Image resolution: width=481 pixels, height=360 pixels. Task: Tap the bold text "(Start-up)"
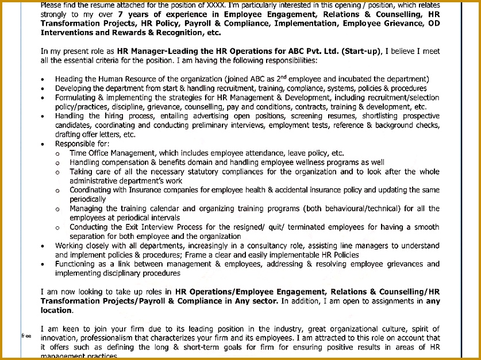pyautogui.click(x=361, y=51)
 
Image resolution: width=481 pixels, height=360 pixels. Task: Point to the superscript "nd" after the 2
pyautogui.click(x=282, y=77)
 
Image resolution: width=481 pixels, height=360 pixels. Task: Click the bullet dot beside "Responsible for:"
pyautogui.click(x=44, y=144)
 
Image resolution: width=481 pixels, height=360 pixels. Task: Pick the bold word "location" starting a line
pyautogui.click(x=56, y=310)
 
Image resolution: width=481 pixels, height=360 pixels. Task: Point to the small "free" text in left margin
pyautogui.click(x=26, y=336)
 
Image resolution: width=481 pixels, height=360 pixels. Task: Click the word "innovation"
pyautogui.click(x=61, y=338)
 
